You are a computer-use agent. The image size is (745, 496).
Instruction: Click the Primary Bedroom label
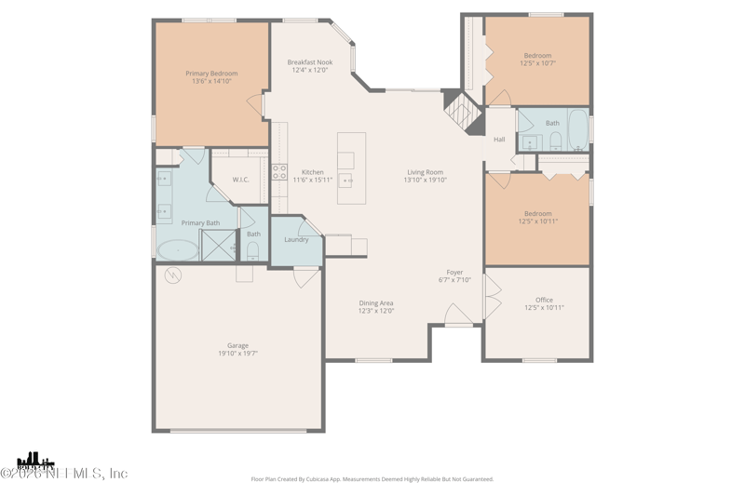pos(211,74)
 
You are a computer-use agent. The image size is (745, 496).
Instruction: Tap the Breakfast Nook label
pos(309,62)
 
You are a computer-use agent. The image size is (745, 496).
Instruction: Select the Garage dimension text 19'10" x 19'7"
pos(237,354)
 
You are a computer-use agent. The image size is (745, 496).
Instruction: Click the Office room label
pos(544,300)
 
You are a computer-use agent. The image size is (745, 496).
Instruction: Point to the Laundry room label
pos(296,240)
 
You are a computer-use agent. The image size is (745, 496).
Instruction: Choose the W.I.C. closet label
pos(240,180)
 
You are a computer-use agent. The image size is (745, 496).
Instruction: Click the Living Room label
pos(425,172)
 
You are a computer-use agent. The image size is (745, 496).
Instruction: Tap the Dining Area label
pos(376,302)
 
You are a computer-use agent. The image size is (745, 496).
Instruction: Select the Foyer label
pos(454,273)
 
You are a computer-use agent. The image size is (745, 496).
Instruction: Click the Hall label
pos(499,140)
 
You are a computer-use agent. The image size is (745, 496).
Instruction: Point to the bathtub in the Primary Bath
pos(177,249)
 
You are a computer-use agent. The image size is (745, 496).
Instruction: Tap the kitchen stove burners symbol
pos(279,172)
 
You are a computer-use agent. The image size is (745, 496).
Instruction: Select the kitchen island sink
pos(346,181)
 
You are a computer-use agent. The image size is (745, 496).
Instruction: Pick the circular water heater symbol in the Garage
pos(173,275)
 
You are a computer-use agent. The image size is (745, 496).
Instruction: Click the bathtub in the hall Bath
pos(577,130)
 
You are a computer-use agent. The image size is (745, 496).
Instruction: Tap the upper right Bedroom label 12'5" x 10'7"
pos(537,60)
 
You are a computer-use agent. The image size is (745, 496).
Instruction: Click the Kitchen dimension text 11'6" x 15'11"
pos(313,180)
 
